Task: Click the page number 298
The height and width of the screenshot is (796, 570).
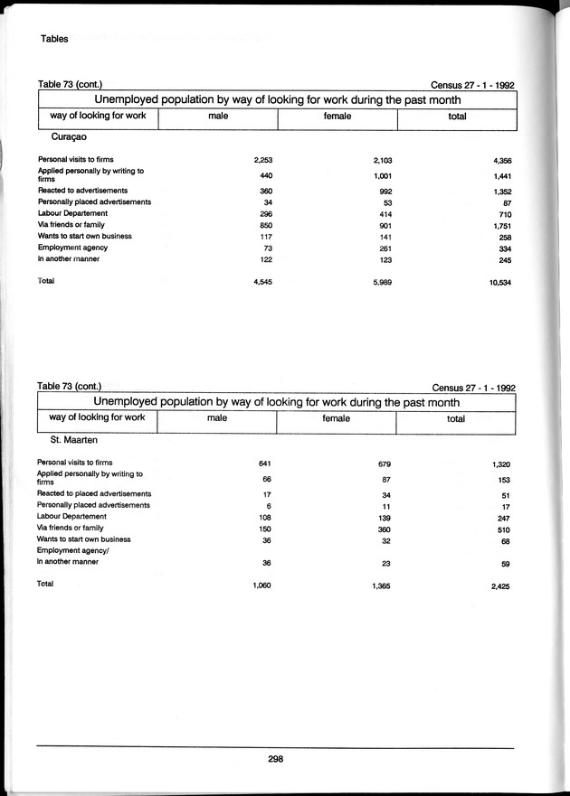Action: [x=276, y=760]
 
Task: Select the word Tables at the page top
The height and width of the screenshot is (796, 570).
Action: [x=54, y=40]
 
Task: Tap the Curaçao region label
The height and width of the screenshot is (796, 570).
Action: [x=70, y=136]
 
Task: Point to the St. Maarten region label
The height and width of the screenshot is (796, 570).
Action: [x=73, y=439]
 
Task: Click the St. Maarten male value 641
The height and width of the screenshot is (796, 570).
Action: [x=265, y=464]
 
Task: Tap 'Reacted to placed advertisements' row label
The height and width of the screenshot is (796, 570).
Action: [x=94, y=494]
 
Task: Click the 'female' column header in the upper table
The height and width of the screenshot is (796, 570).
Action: [x=337, y=116]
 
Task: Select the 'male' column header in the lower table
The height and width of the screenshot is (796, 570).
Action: [x=216, y=418]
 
